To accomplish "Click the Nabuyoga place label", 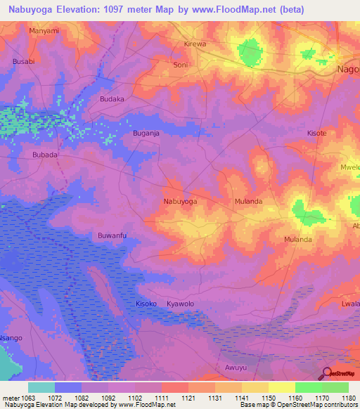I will pyautogui.click(x=180, y=201).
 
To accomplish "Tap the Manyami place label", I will pyautogui.click(x=44, y=31).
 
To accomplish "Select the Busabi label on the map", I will pyautogui.click(x=24, y=62).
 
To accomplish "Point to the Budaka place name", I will pyautogui.click(x=112, y=99).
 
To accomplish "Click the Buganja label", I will pyautogui.click(x=147, y=132).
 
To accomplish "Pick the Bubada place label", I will pyautogui.click(x=45, y=154).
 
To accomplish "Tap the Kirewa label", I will pyautogui.click(x=195, y=44).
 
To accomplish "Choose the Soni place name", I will pyautogui.click(x=181, y=65).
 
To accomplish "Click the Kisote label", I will pyautogui.click(x=317, y=133).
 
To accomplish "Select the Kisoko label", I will pyautogui.click(x=146, y=303).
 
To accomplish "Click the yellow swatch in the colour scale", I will pyautogui.click(x=282, y=387).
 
